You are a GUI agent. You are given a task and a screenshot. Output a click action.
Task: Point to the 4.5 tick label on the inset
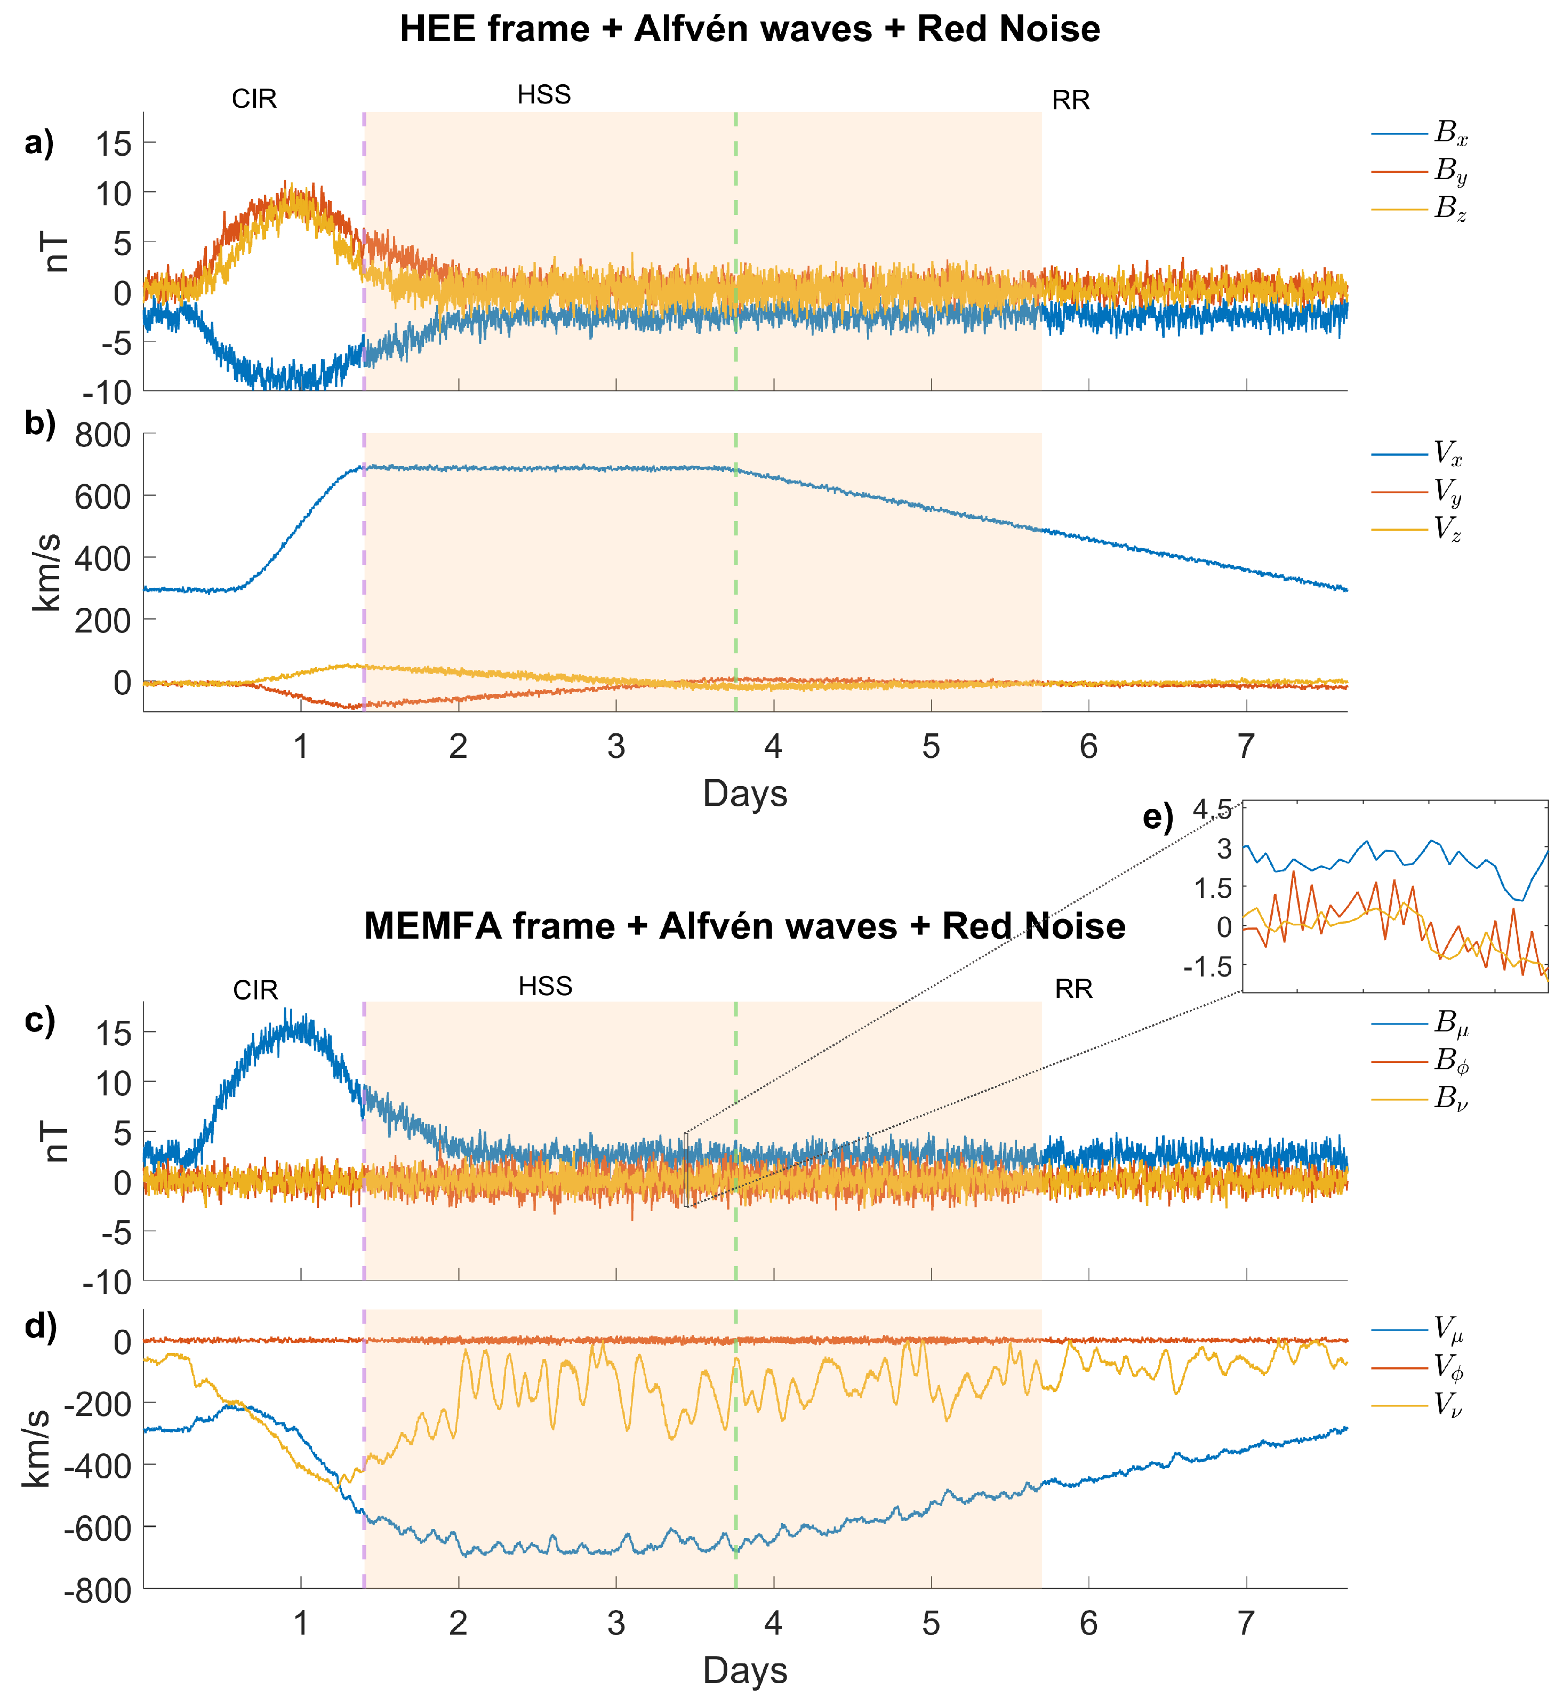1212,810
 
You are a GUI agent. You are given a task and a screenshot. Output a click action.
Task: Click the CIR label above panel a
254,99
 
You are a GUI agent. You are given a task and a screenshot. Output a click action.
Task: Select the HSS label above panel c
546,986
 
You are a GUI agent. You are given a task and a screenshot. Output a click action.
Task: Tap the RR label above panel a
1071,101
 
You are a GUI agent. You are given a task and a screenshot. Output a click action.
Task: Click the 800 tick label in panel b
102,436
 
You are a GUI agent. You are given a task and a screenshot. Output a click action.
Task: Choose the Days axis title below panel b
745,793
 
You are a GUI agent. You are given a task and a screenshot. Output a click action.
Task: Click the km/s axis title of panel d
37,1448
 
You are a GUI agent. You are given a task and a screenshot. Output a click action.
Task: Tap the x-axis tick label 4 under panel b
773,747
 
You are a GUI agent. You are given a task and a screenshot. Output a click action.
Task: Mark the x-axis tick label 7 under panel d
1246,1623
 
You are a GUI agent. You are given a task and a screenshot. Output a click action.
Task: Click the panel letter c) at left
39,1021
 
